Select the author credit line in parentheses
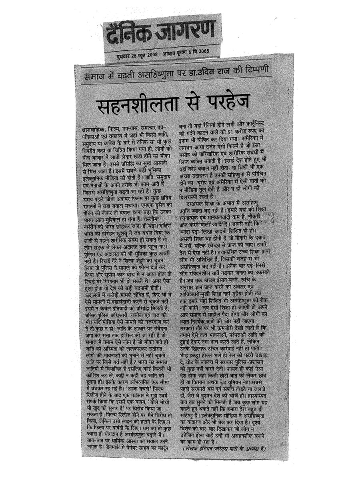[x=224, y=448]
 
